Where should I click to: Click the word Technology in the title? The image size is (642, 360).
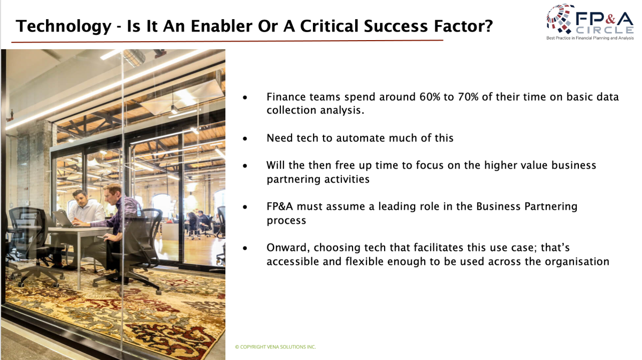pos(63,27)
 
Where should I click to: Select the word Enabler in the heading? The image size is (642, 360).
pos(221,26)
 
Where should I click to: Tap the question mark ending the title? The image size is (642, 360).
pos(488,26)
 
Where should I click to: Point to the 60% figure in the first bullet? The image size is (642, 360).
pos(430,97)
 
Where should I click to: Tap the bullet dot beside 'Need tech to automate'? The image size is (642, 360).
pos(245,139)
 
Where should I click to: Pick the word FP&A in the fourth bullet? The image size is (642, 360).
pos(280,206)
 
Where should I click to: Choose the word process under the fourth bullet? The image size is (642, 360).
pos(286,221)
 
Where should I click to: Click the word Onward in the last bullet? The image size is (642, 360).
pos(288,248)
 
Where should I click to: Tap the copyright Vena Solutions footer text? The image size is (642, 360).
pos(276,347)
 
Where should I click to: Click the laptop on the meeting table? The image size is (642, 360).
pos(63,218)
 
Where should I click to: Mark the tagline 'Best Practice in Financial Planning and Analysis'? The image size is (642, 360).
pos(590,38)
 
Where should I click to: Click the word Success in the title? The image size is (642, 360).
pos(396,26)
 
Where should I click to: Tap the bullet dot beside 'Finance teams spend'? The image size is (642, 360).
pos(245,98)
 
